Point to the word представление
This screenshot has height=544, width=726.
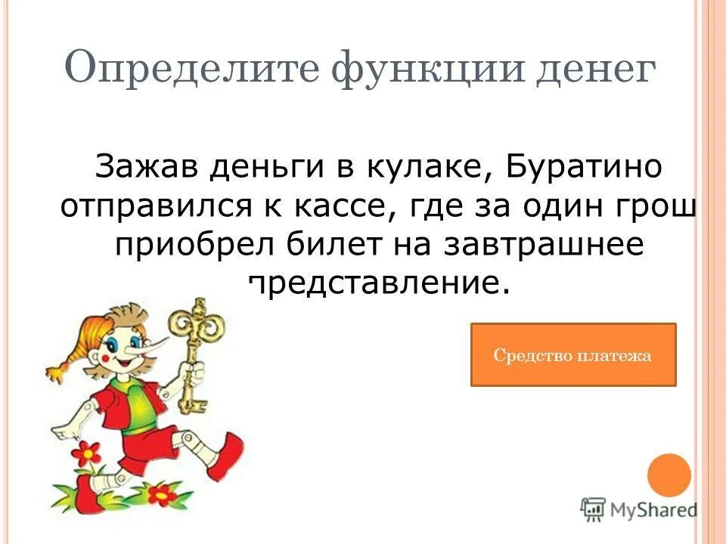[374, 285]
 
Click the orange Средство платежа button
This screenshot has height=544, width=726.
[572, 355]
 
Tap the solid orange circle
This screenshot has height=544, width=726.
[669, 475]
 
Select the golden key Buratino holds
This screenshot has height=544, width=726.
[194, 348]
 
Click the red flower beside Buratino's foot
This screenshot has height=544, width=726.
[88, 454]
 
